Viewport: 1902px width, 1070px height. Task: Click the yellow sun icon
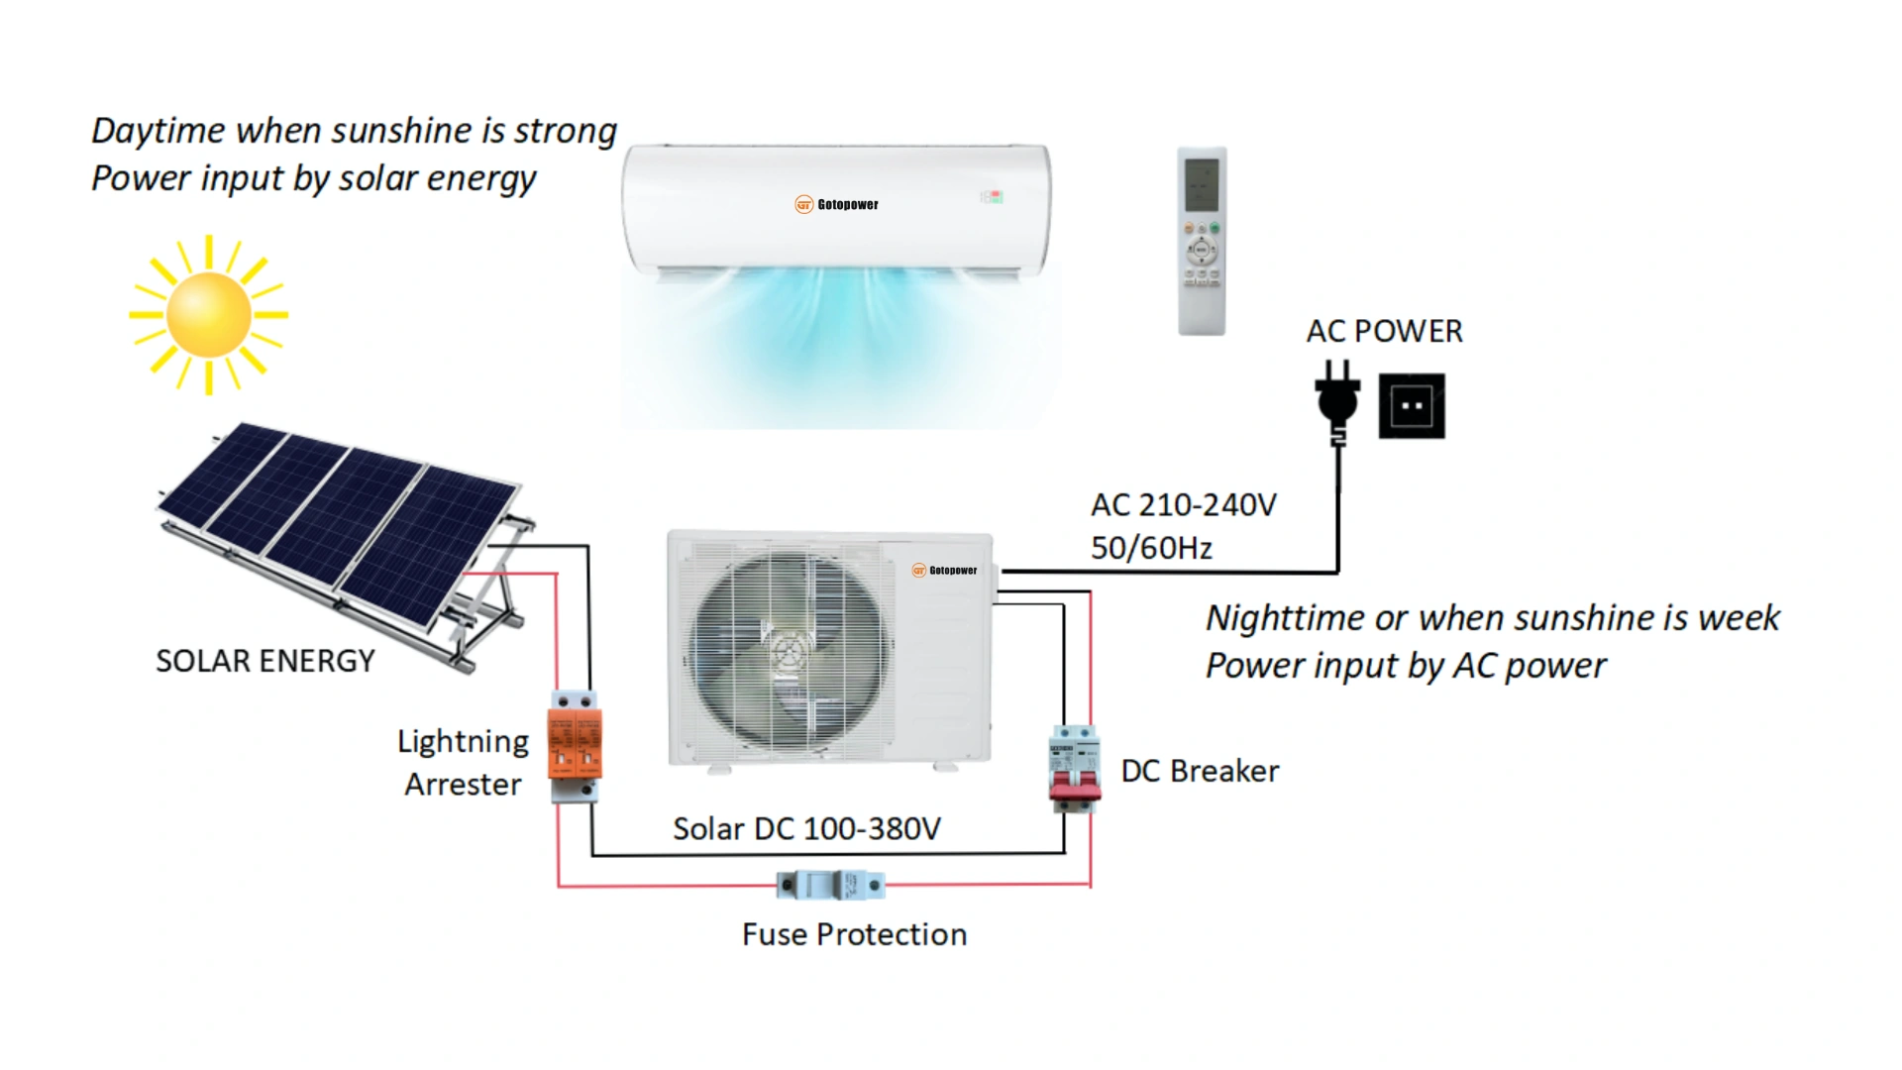coord(209,315)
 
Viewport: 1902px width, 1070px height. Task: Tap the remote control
coord(1202,241)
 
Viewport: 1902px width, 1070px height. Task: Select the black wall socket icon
coord(1412,406)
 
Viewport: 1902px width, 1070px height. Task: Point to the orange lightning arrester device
coord(575,744)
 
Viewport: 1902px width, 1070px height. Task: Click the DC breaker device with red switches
coord(1075,768)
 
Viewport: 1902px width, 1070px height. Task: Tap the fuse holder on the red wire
coord(831,884)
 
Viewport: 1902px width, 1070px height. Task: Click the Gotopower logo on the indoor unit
coord(837,205)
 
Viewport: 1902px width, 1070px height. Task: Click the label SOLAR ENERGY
coord(265,661)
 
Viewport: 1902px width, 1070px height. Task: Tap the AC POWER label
coord(1384,331)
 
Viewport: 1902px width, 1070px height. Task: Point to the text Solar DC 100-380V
coord(806,828)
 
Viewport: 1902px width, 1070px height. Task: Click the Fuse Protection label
coord(854,934)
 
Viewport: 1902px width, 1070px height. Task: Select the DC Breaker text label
coord(1200,771)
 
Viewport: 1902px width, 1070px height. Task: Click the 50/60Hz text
coord(1151,548)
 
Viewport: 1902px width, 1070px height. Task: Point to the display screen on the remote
coord(1202,184)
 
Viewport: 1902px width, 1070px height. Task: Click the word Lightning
coord(463,741)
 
